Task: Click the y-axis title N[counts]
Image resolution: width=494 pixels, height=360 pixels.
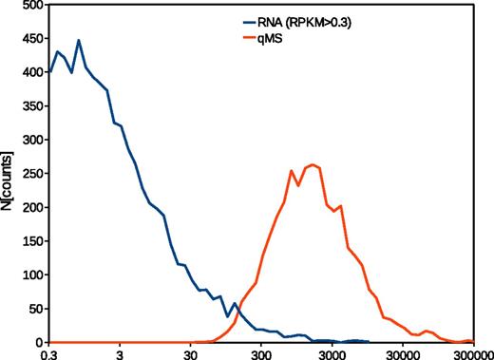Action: (9, 173)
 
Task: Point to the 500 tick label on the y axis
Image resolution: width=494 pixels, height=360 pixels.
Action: (28, 6)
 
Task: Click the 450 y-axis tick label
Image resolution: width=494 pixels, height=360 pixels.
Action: (28, 39)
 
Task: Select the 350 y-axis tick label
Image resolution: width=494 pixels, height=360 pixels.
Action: (28, 106)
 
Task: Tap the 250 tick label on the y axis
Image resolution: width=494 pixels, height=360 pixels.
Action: (28, 174)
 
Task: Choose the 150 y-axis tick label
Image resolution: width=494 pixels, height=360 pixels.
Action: (28, 241)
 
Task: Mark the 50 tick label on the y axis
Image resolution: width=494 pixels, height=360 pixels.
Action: (31, 309)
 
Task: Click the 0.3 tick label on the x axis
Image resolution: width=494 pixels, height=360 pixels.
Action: (49, 352)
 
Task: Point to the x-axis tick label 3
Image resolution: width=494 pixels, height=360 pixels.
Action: (120, 352)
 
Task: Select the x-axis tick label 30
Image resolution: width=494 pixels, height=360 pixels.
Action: (190, 352)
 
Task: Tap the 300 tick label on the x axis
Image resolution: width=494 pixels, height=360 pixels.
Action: (261, 352)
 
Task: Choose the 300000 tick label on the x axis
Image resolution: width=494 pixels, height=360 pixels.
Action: (471, 352)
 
